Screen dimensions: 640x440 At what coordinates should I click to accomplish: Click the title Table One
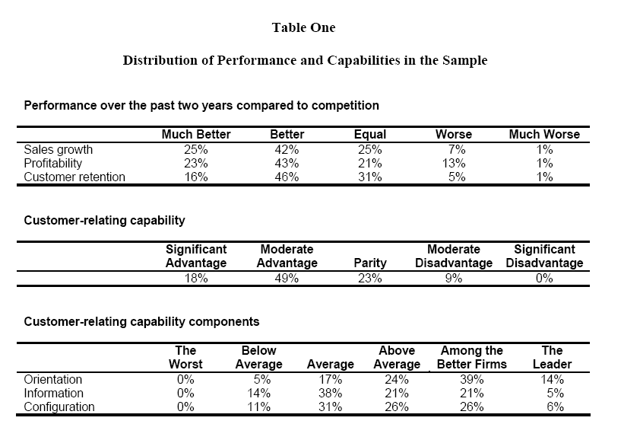point(304,27)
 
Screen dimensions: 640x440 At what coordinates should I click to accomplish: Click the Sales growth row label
point(59,150)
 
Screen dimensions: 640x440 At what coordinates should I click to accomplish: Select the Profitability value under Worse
point(454,163)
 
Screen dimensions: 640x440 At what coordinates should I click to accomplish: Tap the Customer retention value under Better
point(287,177)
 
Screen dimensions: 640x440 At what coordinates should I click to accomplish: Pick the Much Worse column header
point(544,134)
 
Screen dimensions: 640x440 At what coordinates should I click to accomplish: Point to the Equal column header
point(370,134)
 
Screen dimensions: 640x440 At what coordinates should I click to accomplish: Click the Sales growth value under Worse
point(457,150)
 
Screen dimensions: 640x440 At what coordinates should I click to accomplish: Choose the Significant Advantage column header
point(196,256)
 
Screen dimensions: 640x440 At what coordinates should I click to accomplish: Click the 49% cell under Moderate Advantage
point(287,278)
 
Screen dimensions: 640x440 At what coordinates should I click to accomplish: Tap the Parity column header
point(370,263)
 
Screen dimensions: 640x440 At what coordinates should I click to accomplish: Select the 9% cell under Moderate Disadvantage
point(454,278)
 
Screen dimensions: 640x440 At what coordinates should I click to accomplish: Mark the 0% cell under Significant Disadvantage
point(544,278)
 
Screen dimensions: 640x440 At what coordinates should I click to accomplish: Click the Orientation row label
point(52,379)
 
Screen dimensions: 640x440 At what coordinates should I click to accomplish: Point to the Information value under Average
point(330,394)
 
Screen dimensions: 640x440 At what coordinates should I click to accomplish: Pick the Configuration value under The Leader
point(556,407)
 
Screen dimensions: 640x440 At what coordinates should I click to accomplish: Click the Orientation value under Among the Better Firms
point(472,379)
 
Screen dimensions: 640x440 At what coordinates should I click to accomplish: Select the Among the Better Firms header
point(472,357)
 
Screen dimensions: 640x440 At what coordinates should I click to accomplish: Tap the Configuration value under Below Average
point(258,407)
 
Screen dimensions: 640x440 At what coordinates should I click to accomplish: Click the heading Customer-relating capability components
point(141,322)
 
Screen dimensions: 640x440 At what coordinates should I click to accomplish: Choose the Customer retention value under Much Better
point(196,177)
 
